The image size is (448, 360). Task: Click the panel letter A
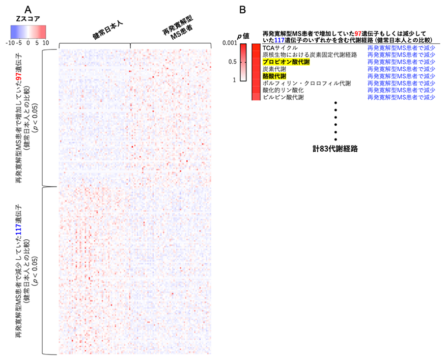point(27,10)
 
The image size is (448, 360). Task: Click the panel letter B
point(242,10)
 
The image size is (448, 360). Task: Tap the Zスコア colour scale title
point(27,19)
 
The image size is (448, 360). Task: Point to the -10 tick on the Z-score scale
point(10,43)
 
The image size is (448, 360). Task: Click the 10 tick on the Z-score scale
point(46,43)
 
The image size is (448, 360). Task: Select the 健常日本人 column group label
point(107,30)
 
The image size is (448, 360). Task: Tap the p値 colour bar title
point(243,36)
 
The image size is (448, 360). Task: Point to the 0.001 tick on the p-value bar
point(230,43)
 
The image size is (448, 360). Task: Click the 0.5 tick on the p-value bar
point(233,62)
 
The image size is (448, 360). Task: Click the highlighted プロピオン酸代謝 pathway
point(286,62)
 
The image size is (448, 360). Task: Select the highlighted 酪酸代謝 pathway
point(274,76)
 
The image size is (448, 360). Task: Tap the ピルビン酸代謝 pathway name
point(283,97)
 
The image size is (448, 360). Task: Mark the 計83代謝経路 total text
point(335,149)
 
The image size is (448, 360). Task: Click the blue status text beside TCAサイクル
point(401,48)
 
